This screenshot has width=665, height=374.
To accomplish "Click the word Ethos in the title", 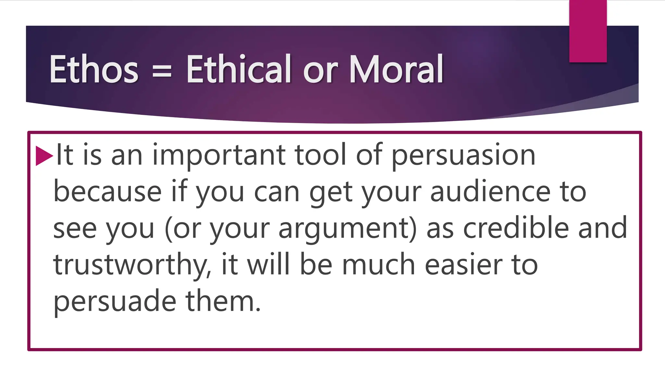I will [94, 69].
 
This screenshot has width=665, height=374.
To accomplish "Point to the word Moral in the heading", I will [396, 69].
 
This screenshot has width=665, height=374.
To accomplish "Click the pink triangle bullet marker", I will [44, 156].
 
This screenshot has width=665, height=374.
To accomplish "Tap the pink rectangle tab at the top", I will [588, 31].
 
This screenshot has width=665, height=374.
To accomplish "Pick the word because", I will [107, 192].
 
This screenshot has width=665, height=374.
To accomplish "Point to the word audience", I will [490, 192].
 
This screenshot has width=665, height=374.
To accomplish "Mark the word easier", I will [463, 265].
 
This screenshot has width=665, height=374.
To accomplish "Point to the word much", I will [379, 265].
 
